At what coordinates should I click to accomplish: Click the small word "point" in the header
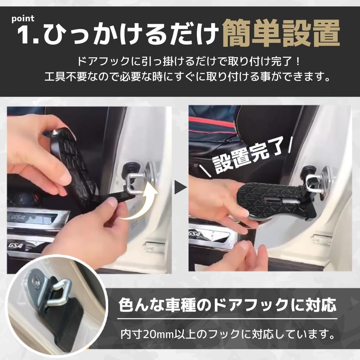[x=23, y=19]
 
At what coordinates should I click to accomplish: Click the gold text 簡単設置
[x=281, y=33]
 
